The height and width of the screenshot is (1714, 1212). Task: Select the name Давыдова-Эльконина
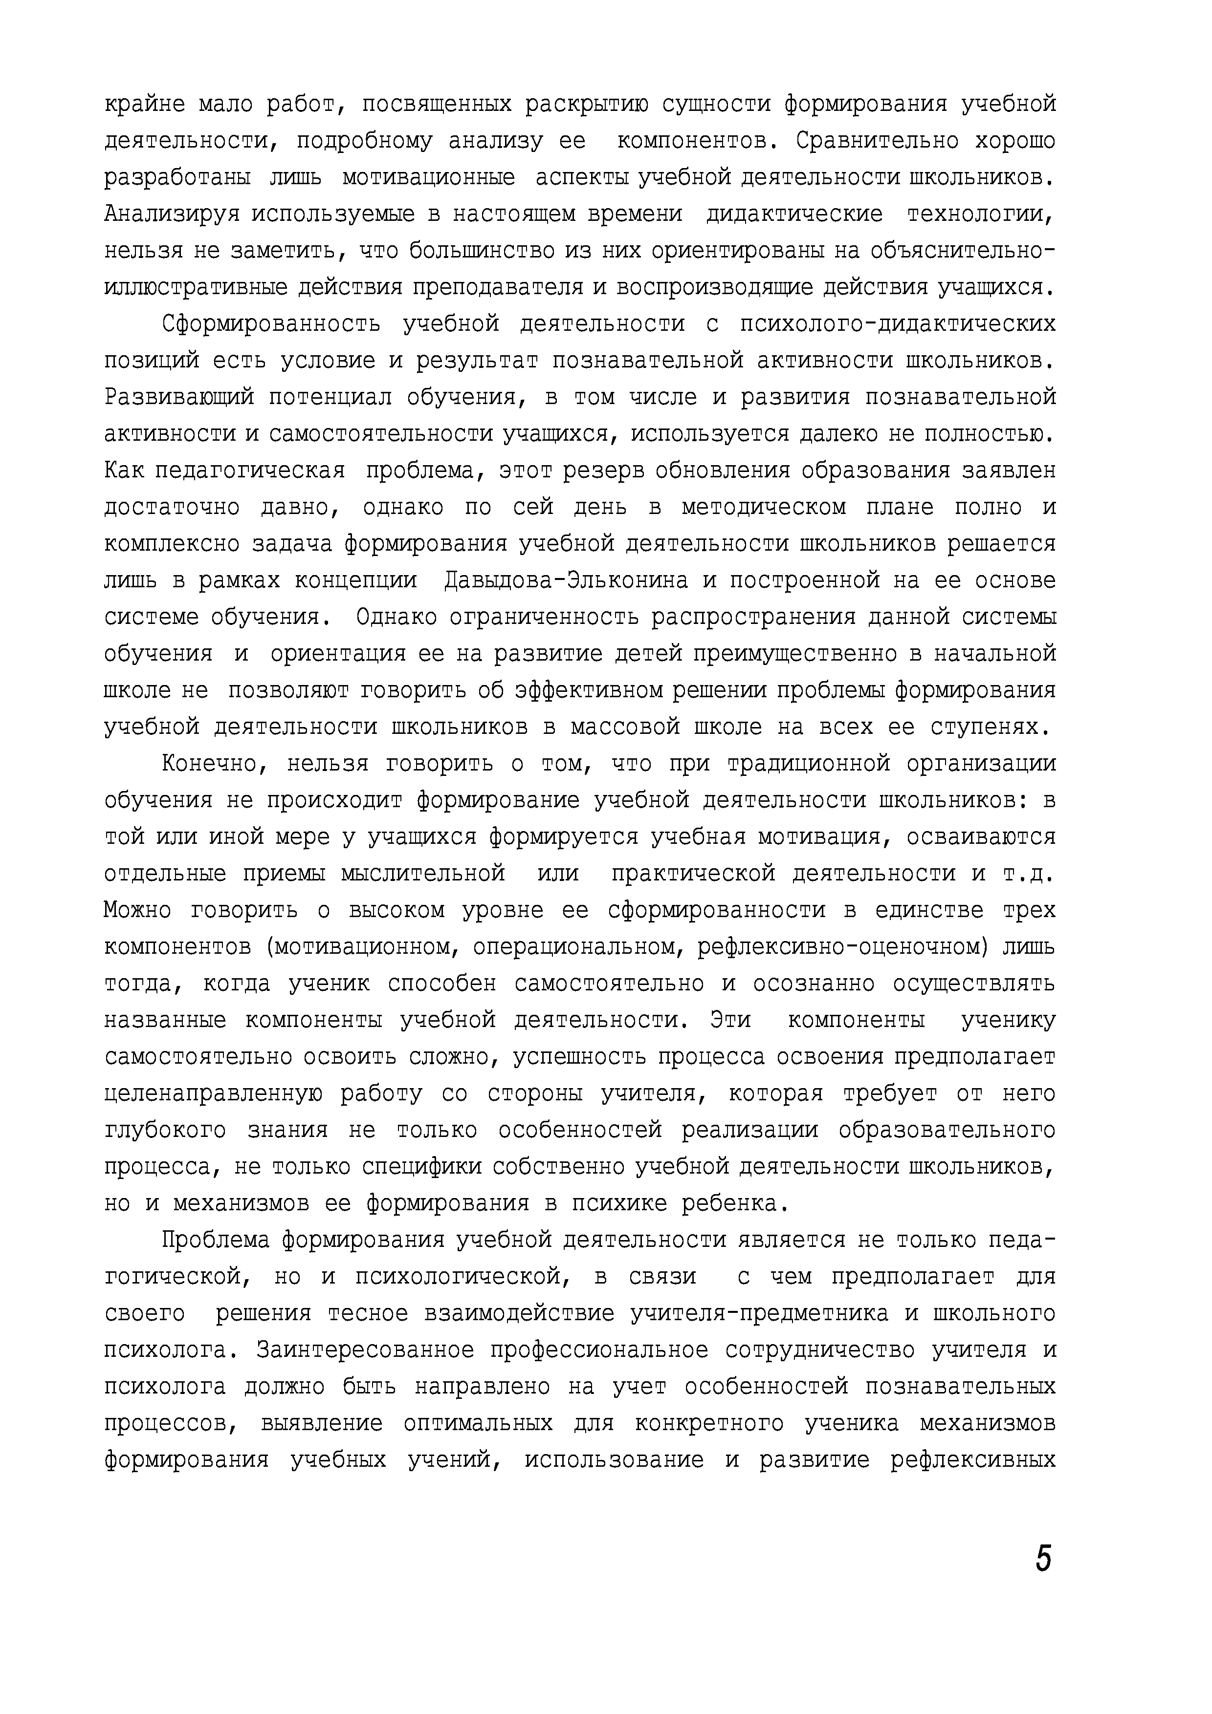[564, 580]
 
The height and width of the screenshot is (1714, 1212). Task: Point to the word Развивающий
[179, 397]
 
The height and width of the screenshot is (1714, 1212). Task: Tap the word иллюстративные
[196, 287]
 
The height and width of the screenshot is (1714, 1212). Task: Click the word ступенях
[992, 727]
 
